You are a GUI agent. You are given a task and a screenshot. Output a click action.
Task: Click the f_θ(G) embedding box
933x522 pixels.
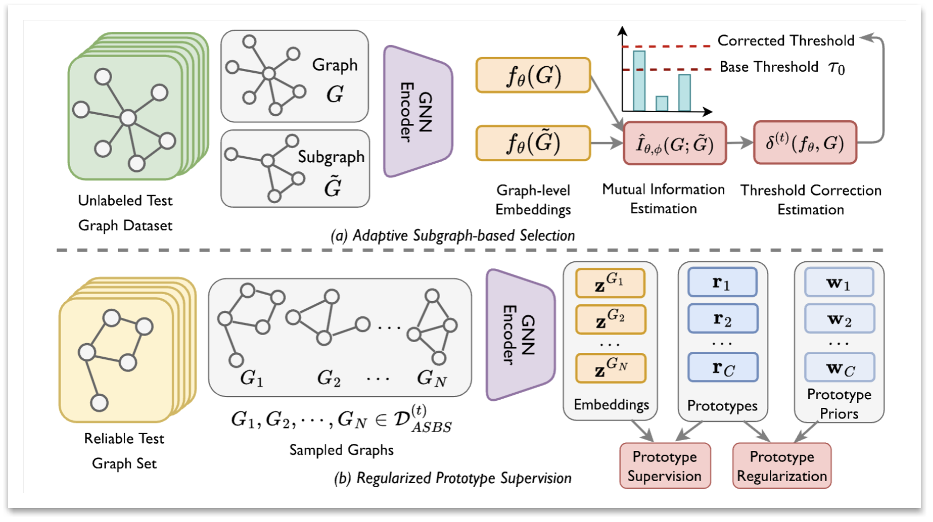click(533, 75)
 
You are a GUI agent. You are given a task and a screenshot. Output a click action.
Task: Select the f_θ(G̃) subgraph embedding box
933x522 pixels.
click(533, 143)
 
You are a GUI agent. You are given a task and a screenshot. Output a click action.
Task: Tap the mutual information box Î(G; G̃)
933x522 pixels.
click(674, 143)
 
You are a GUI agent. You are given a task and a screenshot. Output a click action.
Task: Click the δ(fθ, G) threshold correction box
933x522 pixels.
click(805, 143)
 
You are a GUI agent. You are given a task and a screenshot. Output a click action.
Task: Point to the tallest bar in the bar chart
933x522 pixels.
click(639, 81)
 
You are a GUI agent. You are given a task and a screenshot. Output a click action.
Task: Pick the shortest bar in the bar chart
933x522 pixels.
click(662, 103)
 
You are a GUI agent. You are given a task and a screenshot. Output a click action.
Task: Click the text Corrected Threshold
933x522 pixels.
click(785, 40)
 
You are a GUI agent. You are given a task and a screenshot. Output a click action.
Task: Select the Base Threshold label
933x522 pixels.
click(769, 67)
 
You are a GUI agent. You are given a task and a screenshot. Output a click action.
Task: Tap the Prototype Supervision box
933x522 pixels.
click(665, 466)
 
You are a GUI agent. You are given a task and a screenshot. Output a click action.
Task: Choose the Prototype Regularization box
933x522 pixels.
click(782, 466)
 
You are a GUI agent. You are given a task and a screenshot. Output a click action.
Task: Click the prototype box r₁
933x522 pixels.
click(722, 282)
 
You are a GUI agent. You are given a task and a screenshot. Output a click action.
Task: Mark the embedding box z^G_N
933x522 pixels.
click(610, 368)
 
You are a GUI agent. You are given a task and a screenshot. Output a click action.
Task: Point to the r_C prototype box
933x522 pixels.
click(722, 367)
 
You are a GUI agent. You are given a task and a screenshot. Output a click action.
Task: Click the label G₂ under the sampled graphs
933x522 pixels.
click(329, 378)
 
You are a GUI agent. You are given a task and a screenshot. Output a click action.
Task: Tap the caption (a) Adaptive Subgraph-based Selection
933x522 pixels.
click(452, 235)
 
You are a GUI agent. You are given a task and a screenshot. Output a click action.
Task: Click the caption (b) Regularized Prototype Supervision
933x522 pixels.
click(452, 478)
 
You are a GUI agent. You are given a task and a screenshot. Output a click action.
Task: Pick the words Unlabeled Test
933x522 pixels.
click(125, 200)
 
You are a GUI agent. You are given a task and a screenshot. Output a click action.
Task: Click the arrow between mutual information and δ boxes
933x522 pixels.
click(740, 143)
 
